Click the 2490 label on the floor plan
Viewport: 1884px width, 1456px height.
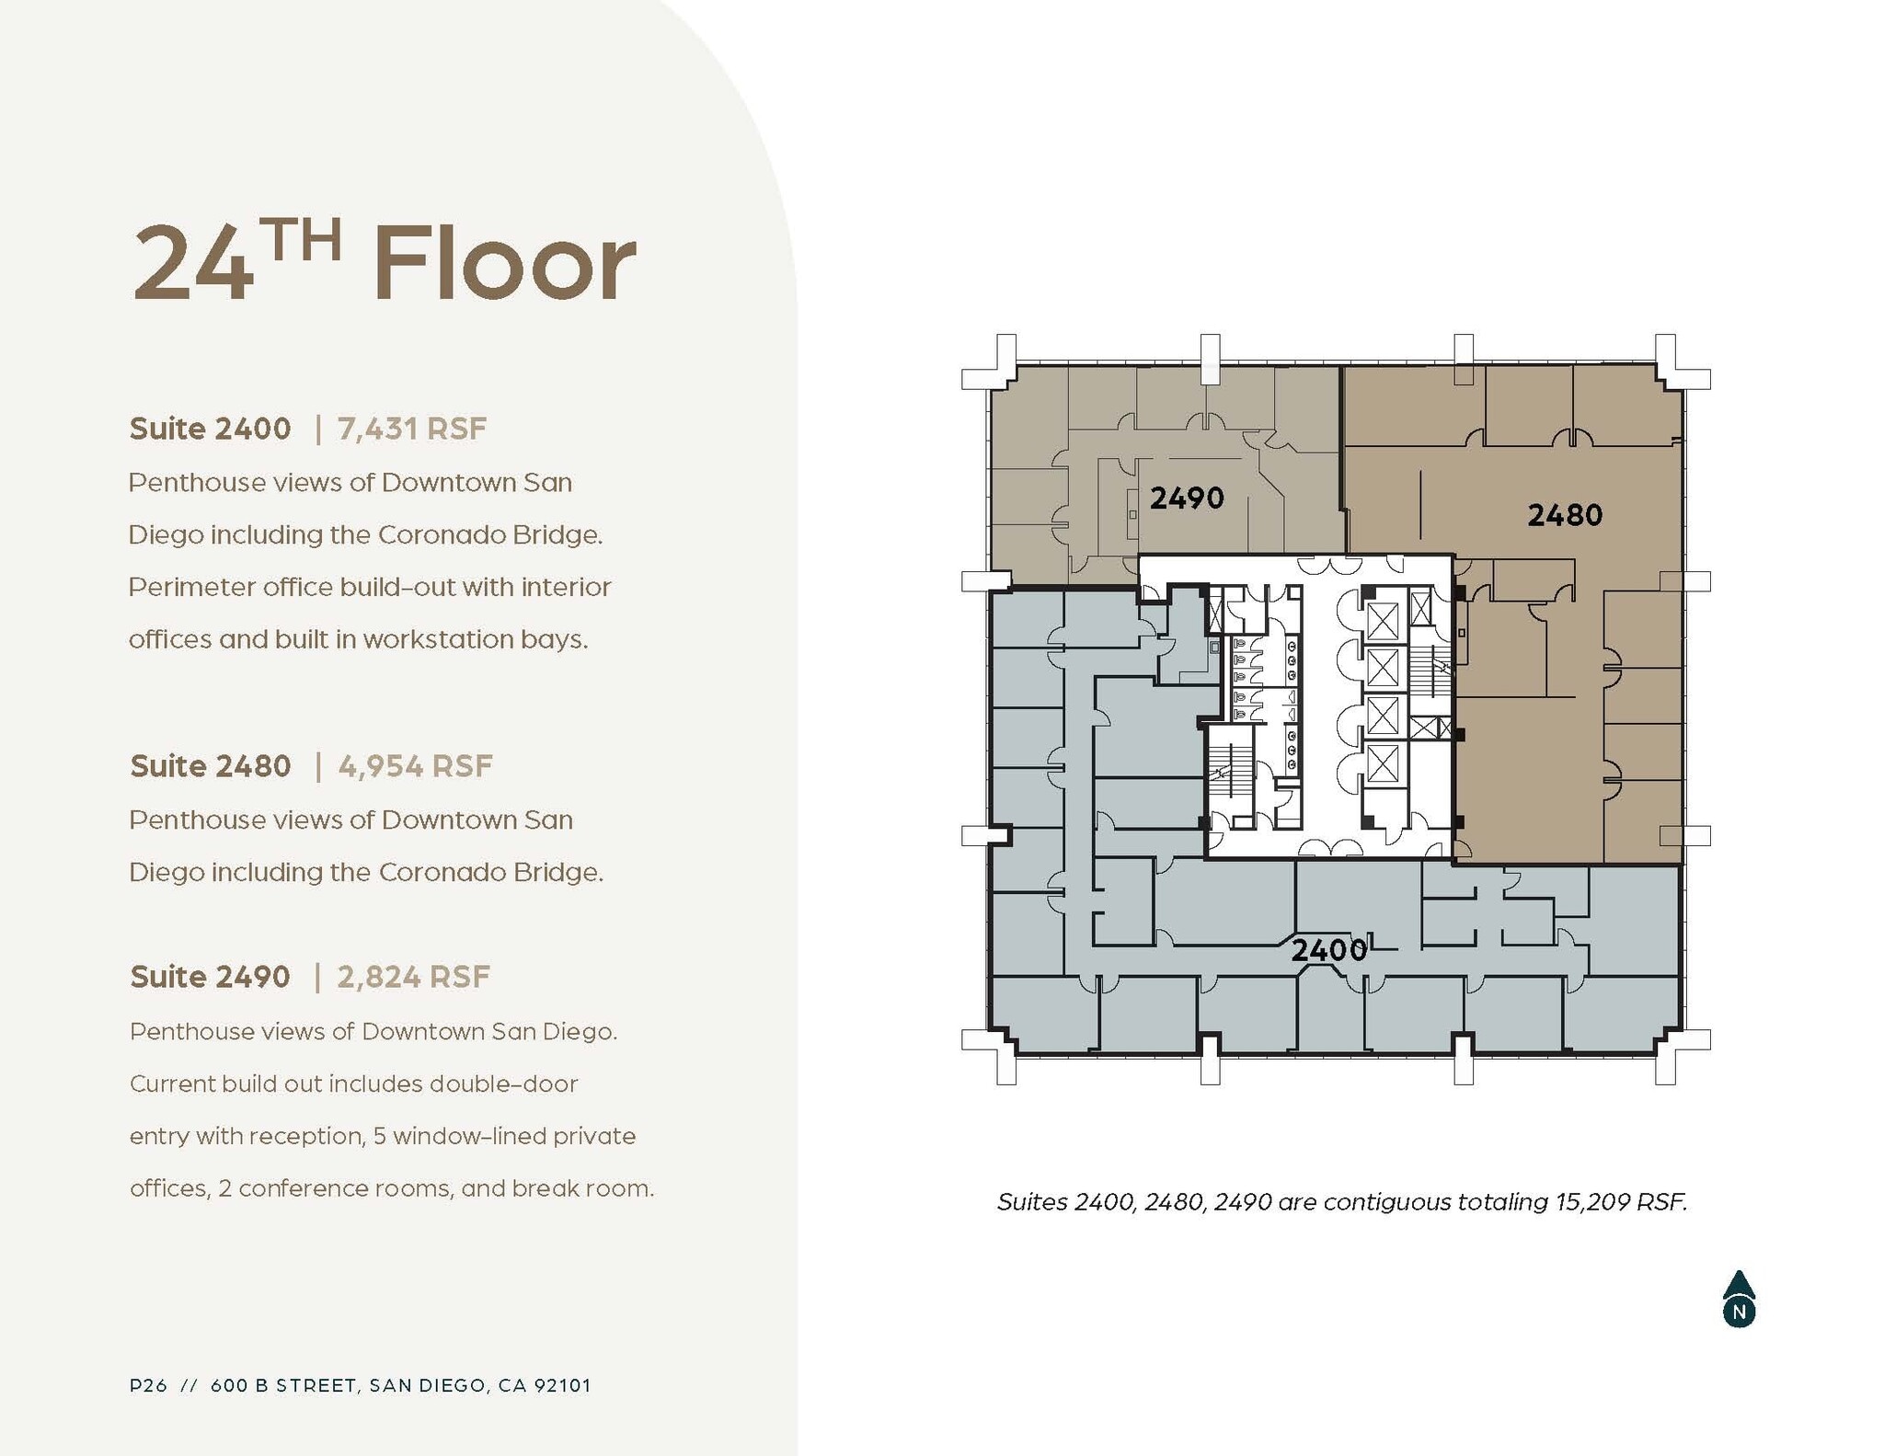tap(1187, 499)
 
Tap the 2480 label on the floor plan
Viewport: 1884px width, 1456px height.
tap(1565, 515)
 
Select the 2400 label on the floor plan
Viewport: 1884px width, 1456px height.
tap(1328, 950)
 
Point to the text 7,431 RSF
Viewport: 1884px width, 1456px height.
tap(412, 429)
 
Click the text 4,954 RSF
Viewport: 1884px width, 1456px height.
tap(416, 766)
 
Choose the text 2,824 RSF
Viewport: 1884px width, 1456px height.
tap(414, 977)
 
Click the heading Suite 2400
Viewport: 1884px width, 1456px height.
tap(210, 429)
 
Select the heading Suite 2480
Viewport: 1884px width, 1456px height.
tap(211, 766)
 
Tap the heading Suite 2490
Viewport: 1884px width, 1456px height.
tap(210, 977)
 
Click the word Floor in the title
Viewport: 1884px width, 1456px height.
tap(504, 264)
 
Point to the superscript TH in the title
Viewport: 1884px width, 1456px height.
tap(300, 240)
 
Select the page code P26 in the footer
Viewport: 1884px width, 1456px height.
tap(148, 1385)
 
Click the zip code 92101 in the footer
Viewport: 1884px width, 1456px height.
tap(561, 1385)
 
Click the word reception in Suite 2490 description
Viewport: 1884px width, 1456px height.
tap(305, 1137)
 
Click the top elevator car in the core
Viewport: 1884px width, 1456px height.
tap(1382, 621)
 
